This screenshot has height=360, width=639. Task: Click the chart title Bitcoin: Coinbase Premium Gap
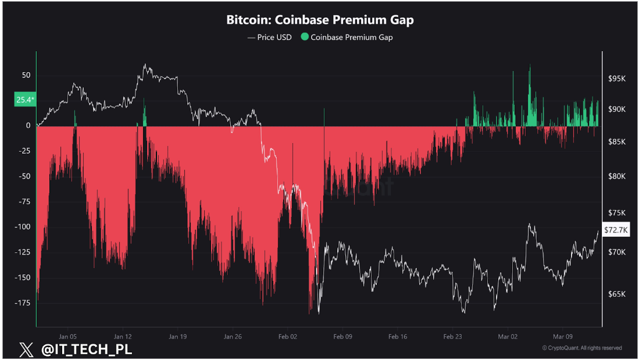[320, 20]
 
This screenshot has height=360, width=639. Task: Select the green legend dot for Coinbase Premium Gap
[305, 37]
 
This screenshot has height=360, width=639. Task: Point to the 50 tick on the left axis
[26, 75]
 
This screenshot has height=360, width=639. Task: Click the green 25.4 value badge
[25, 100]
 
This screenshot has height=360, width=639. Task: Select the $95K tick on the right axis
[615, 78]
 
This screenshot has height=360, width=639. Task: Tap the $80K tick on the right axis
[615, 176]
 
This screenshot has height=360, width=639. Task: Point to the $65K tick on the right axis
[615, 294]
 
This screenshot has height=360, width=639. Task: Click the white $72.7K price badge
[616, 230]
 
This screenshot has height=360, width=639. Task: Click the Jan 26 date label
[233, 336]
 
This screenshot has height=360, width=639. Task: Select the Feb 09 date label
[342, 336]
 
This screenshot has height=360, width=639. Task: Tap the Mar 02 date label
[508, 336]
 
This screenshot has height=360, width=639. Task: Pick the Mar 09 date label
[563, 336]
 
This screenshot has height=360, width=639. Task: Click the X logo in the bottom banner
[26, 350]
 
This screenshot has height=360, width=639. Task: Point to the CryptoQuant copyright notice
[581, 348]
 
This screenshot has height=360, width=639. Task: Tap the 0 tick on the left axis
[28, 125]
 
